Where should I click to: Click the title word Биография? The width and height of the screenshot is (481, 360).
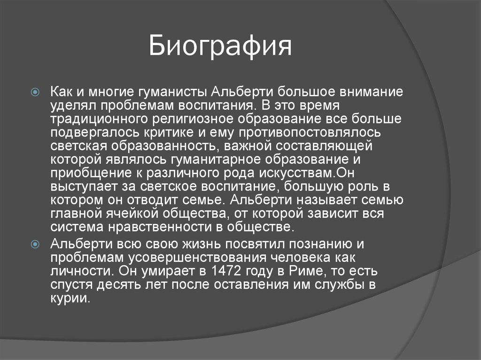pyautogui.click(x=221, y=47)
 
